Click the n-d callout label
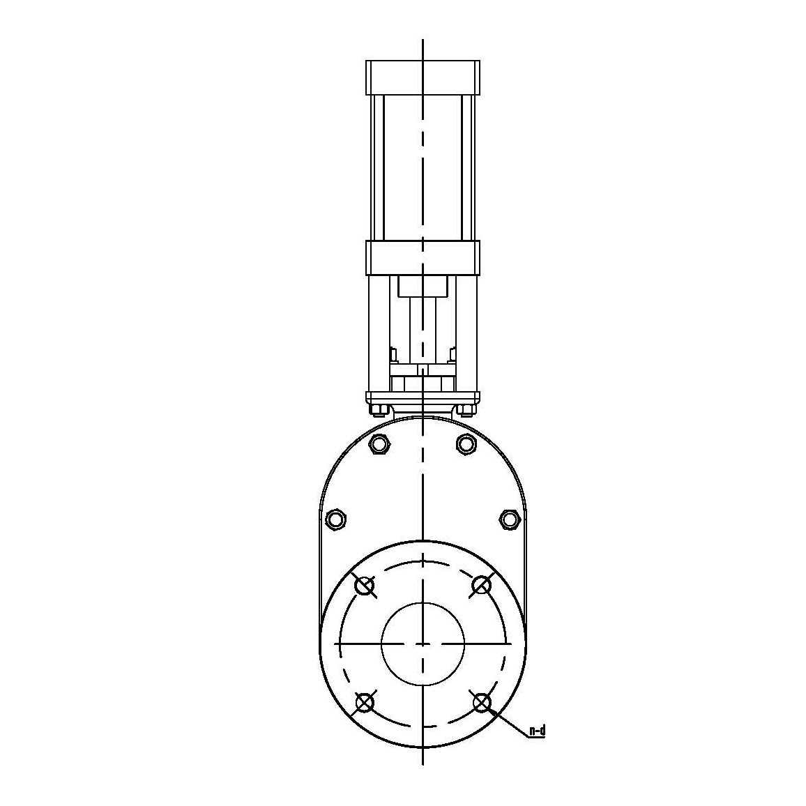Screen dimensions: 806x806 [x=537, y=731]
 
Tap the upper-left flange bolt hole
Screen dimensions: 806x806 [x=365, y=586]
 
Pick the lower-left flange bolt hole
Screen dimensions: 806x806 [x=365, y=702]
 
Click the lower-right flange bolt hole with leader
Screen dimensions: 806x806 [x=481, y=702]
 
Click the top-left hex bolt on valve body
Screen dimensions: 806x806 [x=381, y=443]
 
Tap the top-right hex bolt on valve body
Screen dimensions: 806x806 [x=464, y=443]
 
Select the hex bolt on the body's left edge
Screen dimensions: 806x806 [x=335, y=519]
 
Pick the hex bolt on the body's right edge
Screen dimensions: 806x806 [x=510, y=519]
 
